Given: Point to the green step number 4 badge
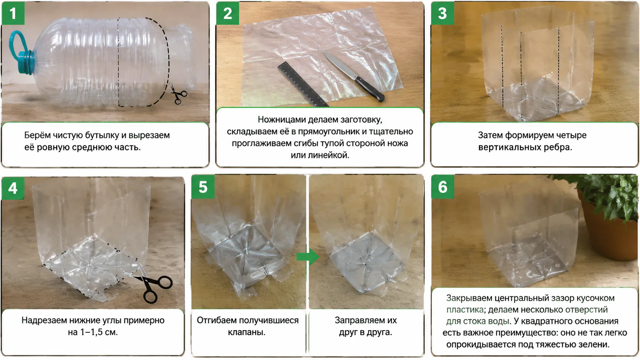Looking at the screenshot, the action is click(x=13, y=188).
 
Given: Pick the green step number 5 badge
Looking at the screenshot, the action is click(x=203, y=187).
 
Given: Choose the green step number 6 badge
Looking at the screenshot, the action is click(x=443, y=187).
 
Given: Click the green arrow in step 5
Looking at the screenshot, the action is click(x=308, y=257).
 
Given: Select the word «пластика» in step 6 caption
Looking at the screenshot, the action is click(x=465, y=310).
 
